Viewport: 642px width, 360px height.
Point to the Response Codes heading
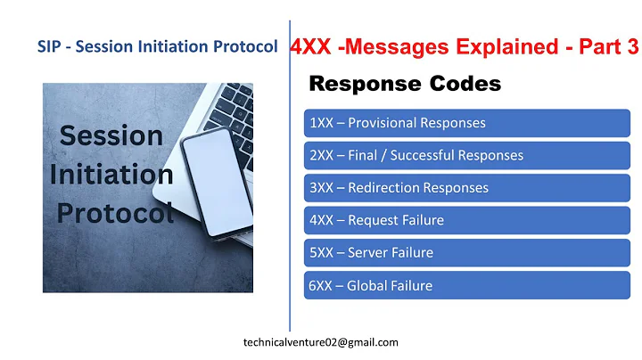[404, 85]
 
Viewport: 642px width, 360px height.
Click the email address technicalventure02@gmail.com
[321, 342]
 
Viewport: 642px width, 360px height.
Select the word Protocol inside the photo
[115, 213]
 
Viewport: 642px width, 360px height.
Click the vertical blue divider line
[290, 178]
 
